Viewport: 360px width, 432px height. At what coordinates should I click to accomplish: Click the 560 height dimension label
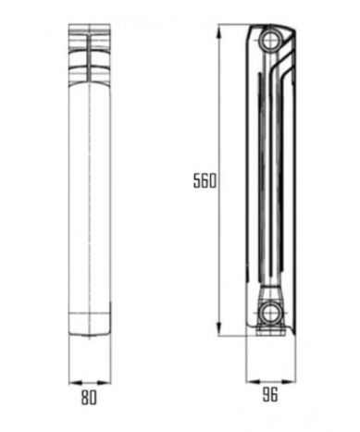[x=205, y=180]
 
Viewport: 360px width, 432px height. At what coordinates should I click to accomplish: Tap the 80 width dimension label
[x=89, y=398]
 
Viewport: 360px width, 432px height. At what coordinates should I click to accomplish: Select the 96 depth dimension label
[x=270, y=394]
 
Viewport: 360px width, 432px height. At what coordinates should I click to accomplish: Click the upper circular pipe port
[x=270, y=40]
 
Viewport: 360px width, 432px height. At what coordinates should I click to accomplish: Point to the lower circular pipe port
[x=270, y=313]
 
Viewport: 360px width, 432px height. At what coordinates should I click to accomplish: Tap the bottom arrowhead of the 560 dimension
[x=218, y=328]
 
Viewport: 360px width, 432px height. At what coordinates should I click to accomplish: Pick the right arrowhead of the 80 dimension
[x=104, y=383]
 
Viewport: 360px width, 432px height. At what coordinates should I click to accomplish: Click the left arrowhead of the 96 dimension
[x=253, y=381]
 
